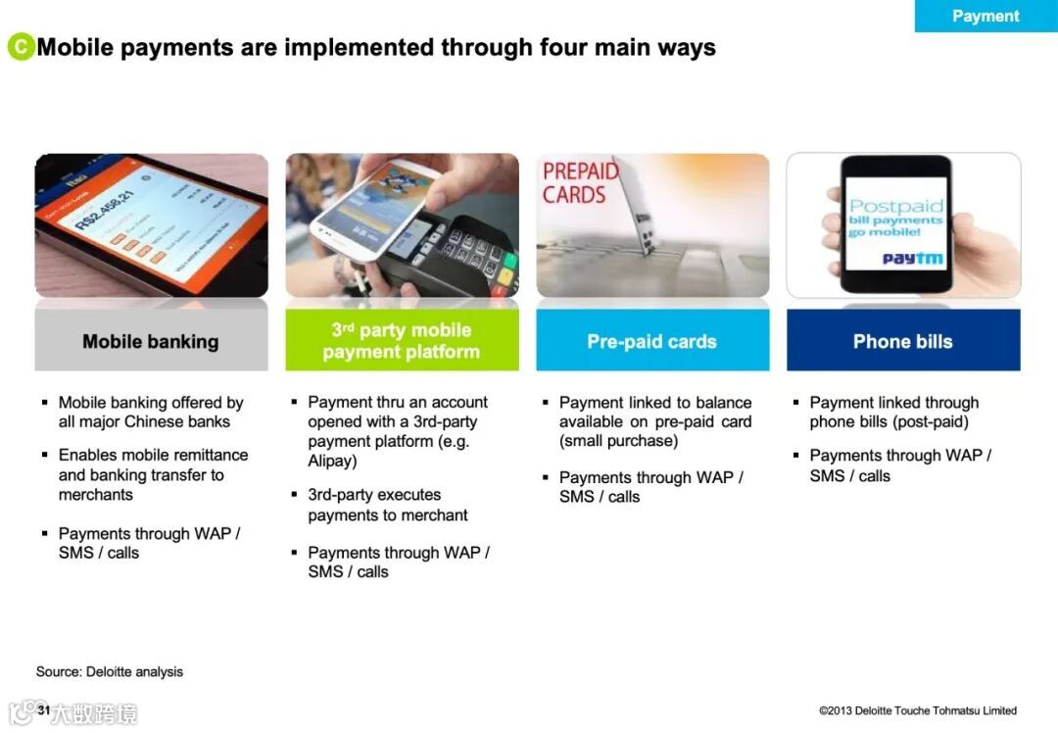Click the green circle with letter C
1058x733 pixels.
[x=21, y=47]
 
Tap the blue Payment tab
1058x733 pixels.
[x=986, y=16]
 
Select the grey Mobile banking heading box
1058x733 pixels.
[x=151, y=341]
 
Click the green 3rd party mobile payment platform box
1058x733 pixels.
[x=403, y=340]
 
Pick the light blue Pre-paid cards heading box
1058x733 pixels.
[x=652, y=341]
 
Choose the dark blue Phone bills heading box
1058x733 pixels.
[x=903, y=341]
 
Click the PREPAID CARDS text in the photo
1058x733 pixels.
[x=580, y=183]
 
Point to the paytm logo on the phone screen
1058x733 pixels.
[x=913, y=259]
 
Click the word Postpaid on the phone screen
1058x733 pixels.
[x=896, y=206]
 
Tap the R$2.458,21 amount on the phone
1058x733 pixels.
[x=105, y=210]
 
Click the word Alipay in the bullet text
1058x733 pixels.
[x=332, y=461]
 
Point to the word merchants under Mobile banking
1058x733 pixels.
[x=96, y=495]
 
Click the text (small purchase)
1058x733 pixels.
[x=619, y=441]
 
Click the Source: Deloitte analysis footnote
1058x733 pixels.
[x=110, y=671]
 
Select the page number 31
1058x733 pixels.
[x=44, y=709]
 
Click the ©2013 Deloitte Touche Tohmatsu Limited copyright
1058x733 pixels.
[x=918, y=710]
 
